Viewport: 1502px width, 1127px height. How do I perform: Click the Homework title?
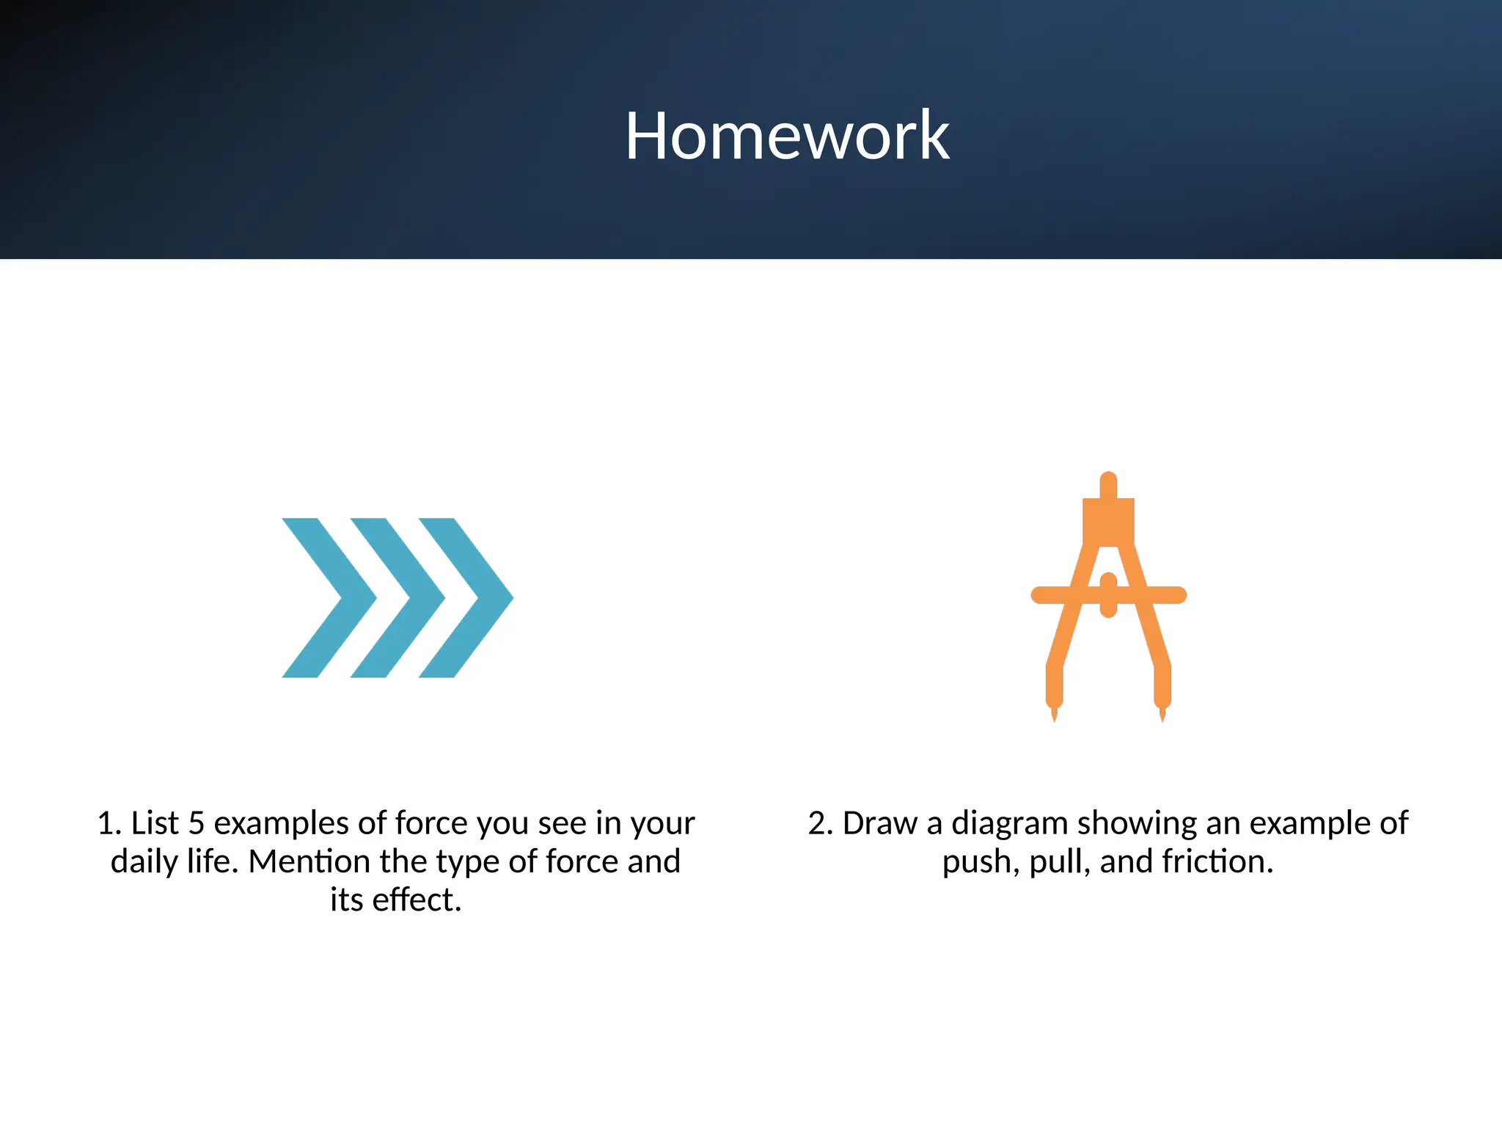click(x=787, y=136)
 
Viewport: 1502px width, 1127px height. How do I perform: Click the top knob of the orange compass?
click(x=1108, y=484)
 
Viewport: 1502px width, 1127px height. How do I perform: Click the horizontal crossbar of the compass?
click(x=1056, y=595)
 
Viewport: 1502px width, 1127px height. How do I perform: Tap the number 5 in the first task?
click(x=196, y=823)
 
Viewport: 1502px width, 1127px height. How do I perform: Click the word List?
click(x=155, y=823)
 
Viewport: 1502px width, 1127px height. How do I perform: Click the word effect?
click(x=416, y=900)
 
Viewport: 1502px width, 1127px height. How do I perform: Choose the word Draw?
click(x=879, y=823)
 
